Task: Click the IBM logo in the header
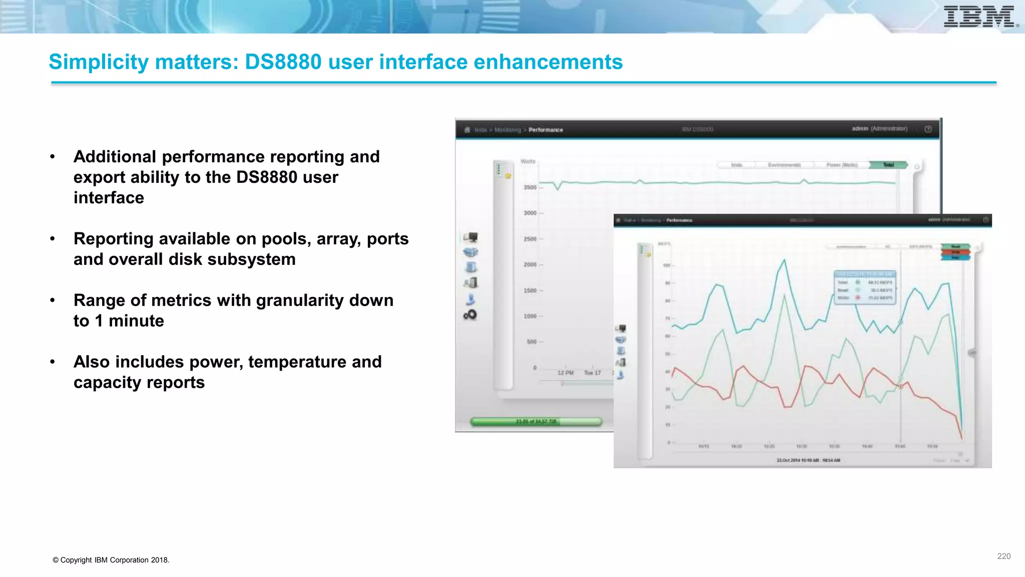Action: pos(979,17)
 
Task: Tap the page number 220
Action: pos(1003,556)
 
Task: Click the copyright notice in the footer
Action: pos(111,560)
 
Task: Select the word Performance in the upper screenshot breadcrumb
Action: pos(546,130)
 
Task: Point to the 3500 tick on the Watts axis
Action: pos(530,187)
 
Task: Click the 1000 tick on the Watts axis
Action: pos(530,316)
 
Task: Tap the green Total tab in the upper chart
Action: pos(888,165)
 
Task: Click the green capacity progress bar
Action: pos(536,422)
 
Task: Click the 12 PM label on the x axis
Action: pos(566,373)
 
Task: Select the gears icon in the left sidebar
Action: pos(470,315)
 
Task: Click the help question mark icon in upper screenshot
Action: pos(928,129)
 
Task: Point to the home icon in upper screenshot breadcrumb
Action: pos(467,130)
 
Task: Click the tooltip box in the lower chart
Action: pos(865,287)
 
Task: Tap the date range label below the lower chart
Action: pos(808,460)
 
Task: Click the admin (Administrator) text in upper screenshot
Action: pos(879,129)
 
